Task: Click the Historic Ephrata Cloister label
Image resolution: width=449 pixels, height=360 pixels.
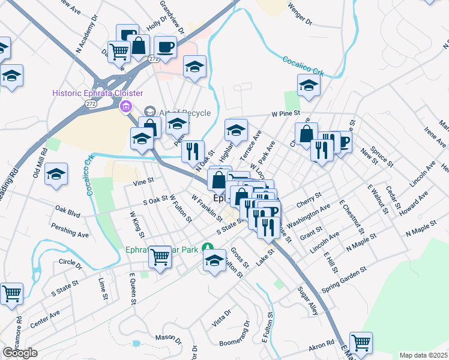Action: (x=97, y=93)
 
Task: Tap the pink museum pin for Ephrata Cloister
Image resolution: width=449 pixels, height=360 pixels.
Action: (x=125, y=107)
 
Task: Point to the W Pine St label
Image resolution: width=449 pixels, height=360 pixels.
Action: (x=285, y=112)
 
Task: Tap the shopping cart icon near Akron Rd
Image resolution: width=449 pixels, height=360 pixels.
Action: (x=361, y=343)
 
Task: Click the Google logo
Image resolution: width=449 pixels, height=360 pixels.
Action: (x=20, y=353)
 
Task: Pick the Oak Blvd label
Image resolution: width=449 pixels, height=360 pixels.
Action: (x=67, y=211)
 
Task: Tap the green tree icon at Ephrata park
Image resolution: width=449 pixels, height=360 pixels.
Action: (x=207, y=247)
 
